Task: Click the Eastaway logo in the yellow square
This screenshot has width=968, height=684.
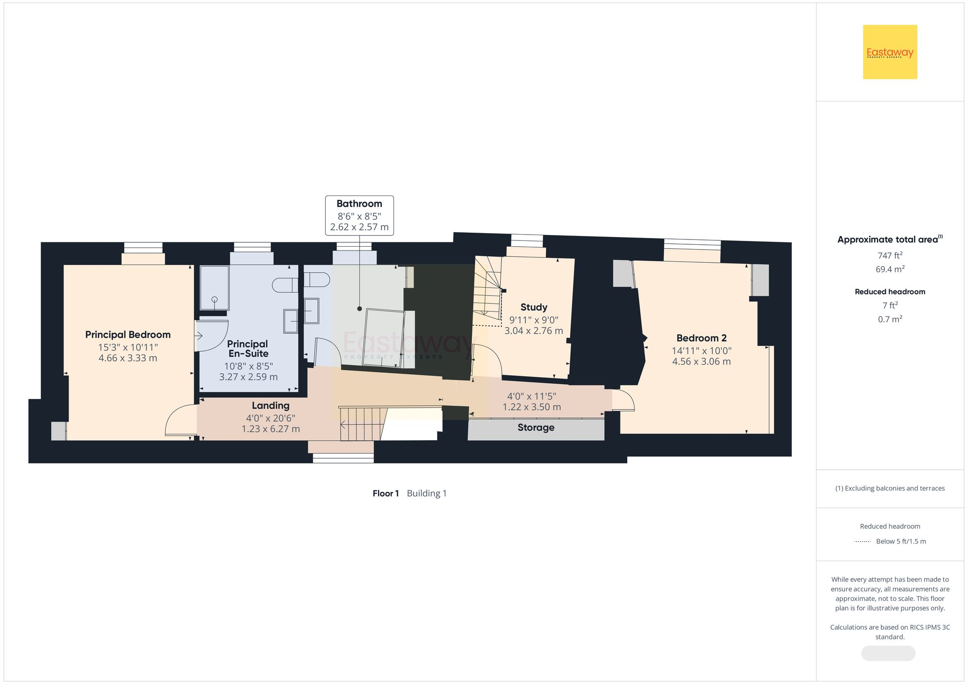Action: (x=890, y=52)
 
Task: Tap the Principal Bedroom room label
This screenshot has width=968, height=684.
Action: (x=128, y=335)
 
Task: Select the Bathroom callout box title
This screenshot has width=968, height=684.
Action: (x=359, y=204)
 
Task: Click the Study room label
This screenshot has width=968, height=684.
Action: (x=534, y=307)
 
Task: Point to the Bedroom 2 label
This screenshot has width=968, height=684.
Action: (x=701, y=338)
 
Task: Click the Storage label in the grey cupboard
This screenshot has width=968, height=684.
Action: (x=536, y=428)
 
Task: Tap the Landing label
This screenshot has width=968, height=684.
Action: (x=271, y=406)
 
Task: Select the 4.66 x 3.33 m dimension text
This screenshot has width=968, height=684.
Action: (x=128, y=358)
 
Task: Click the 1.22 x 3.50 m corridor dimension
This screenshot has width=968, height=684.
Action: (x=531, y=407)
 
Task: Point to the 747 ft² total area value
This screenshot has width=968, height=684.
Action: (x=890, y=255)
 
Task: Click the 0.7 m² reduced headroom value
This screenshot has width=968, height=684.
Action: (x=890, y=319)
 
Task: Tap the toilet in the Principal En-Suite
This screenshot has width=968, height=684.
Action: (x=285, y=285)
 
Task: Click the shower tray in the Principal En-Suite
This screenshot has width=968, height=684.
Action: (x=214, y=288)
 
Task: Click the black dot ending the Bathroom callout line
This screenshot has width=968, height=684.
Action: (x=360, y=309)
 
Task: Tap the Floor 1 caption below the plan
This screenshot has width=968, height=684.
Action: (x=385, y=493)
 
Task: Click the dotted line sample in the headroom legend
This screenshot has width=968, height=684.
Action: (x=862, y=542)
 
